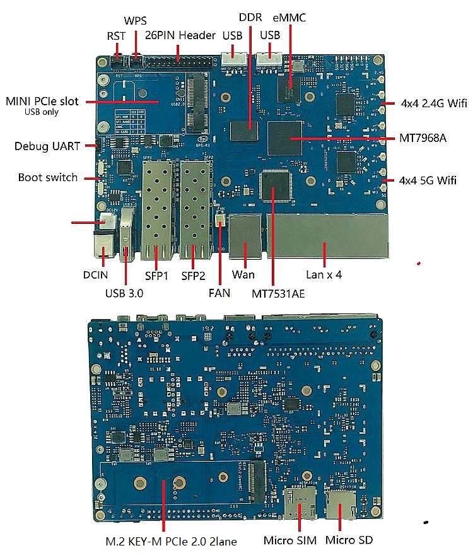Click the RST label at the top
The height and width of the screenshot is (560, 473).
pos(116,37)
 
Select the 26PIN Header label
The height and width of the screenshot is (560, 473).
pos(180,35)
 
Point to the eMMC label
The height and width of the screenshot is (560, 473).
pos(289,18)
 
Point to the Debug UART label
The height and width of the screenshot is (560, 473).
pos(47,146)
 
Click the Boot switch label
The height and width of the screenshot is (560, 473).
pos(48,177)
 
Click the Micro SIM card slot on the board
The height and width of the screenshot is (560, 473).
pos(300,503)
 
